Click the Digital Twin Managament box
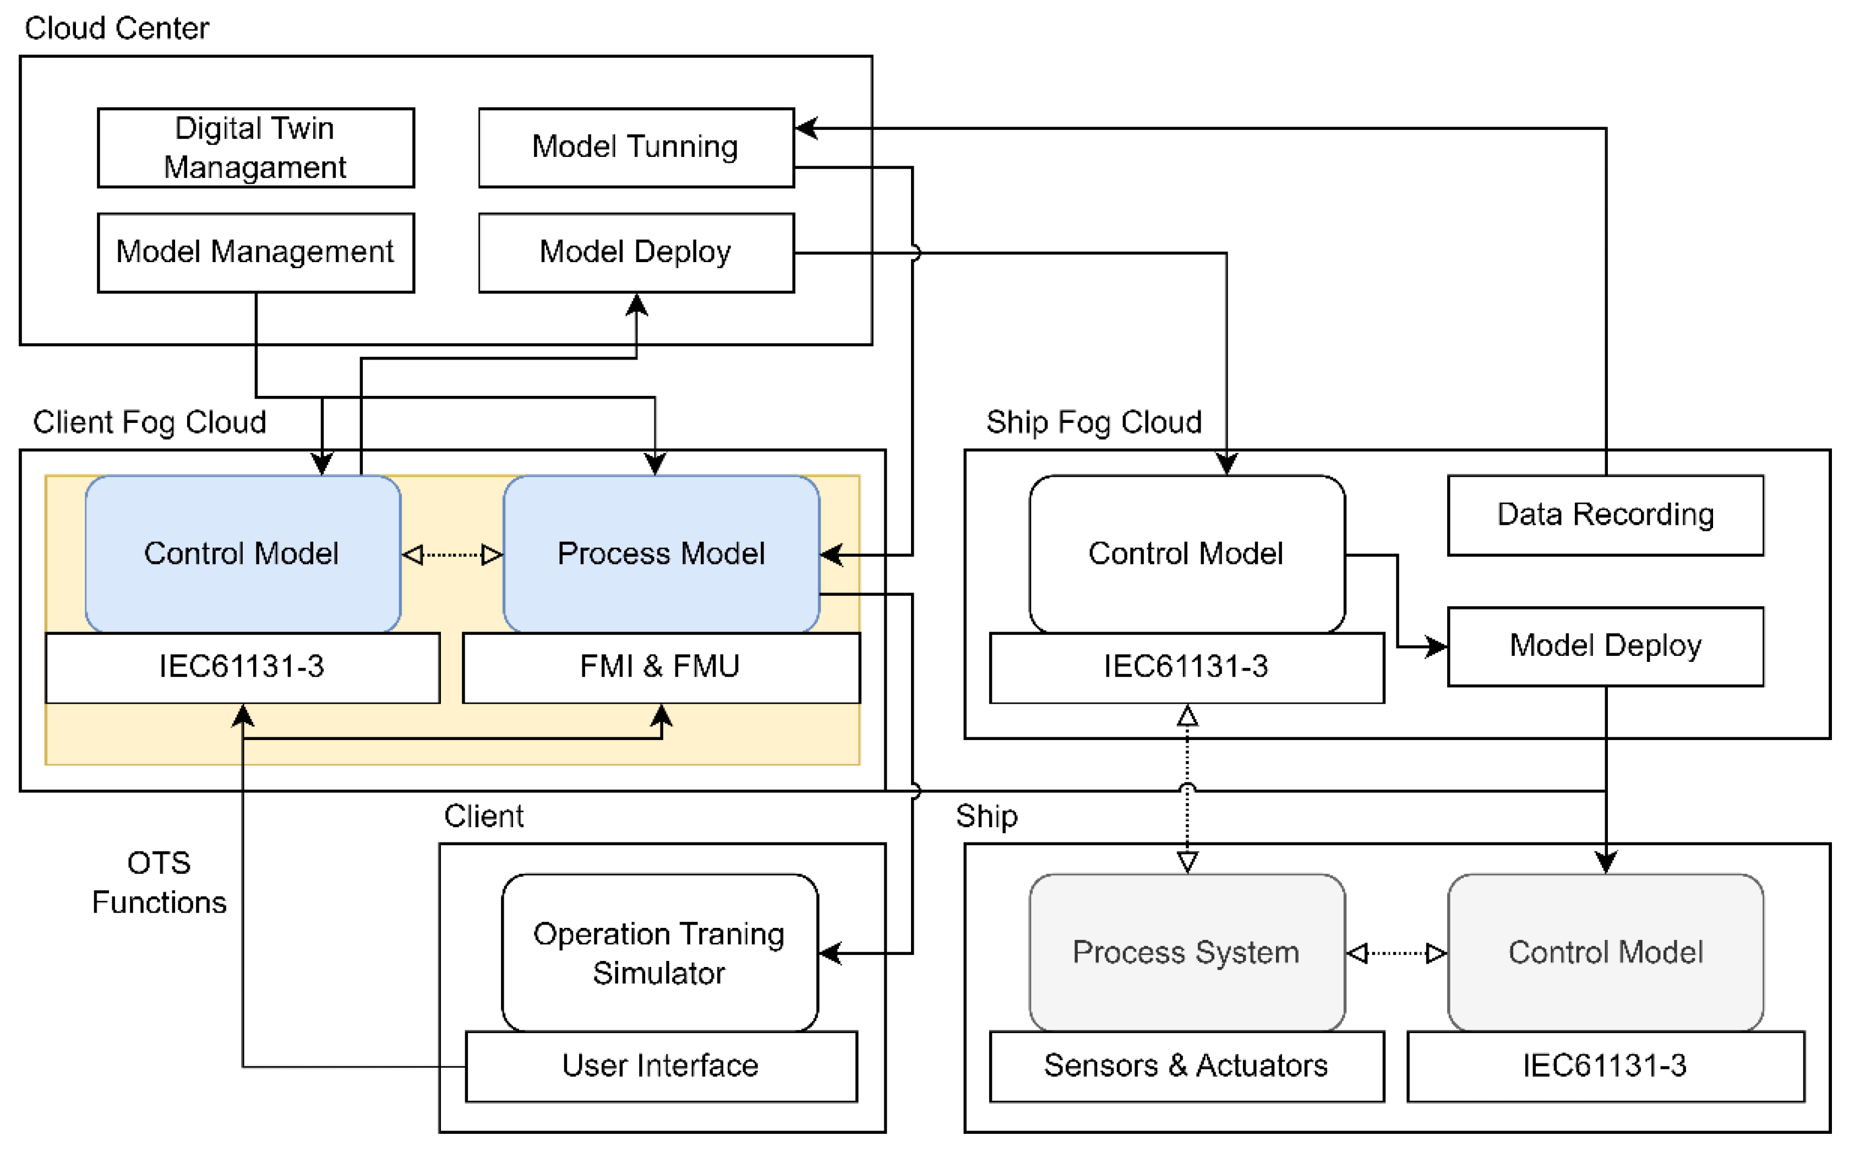[x=256, y=148]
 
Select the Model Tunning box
[x=636, y=148]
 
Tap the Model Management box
[x=256, y=252]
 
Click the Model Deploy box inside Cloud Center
[x=636, y=252]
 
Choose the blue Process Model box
[x=661, y=554]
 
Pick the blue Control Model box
[x=242, y=554]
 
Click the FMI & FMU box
[x=661, y=667]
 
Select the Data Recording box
[x=1605, y=515]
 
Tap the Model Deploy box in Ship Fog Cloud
[x=1605, y=646]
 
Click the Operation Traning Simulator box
[x=659, y=953]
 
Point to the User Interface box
[x=661, y=1066]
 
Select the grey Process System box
[x=1186, y=953]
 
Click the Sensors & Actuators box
[x=1186, y=1066]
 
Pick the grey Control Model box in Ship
[x=1605, y=953]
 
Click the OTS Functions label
[x=159, y=883]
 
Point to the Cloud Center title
[x=117, y=28]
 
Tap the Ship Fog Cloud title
[x=1094, y=422]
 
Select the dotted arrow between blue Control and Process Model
[x=452, y=555]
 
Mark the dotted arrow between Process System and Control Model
[x=1396, y=953]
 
